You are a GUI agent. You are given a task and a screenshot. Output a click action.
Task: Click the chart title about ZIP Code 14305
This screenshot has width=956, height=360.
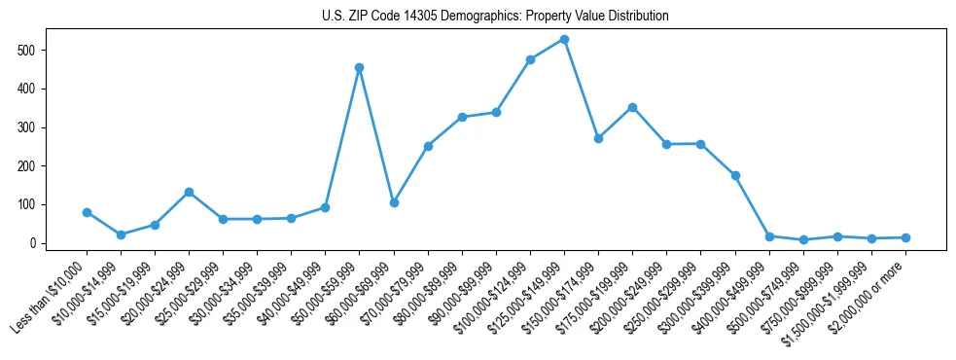[495, 17]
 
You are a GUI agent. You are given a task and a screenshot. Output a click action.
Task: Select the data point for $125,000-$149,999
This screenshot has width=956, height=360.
[564, 40]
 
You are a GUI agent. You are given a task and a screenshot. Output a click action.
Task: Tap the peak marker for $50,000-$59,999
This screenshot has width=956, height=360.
[360, 68]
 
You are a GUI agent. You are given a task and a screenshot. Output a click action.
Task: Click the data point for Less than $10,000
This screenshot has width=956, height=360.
[87, 212]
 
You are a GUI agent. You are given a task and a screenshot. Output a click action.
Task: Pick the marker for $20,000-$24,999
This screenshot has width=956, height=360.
[189, 192]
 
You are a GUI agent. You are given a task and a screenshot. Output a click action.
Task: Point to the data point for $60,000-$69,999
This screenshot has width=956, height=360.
[394, 202]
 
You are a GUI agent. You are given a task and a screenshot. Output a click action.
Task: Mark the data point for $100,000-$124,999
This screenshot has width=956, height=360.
[530, 59]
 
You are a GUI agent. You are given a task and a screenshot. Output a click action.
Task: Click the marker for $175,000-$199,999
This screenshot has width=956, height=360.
[632, 107]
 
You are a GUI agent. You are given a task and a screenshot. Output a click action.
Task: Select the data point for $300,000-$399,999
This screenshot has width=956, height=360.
[735, 175]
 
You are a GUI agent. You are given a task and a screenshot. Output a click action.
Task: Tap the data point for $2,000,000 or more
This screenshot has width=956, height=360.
[905, 237]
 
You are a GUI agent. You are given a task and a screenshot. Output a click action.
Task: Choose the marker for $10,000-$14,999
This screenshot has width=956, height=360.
[121, 234]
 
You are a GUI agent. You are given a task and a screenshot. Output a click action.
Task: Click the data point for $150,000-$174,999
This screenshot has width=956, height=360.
[598, 138]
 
